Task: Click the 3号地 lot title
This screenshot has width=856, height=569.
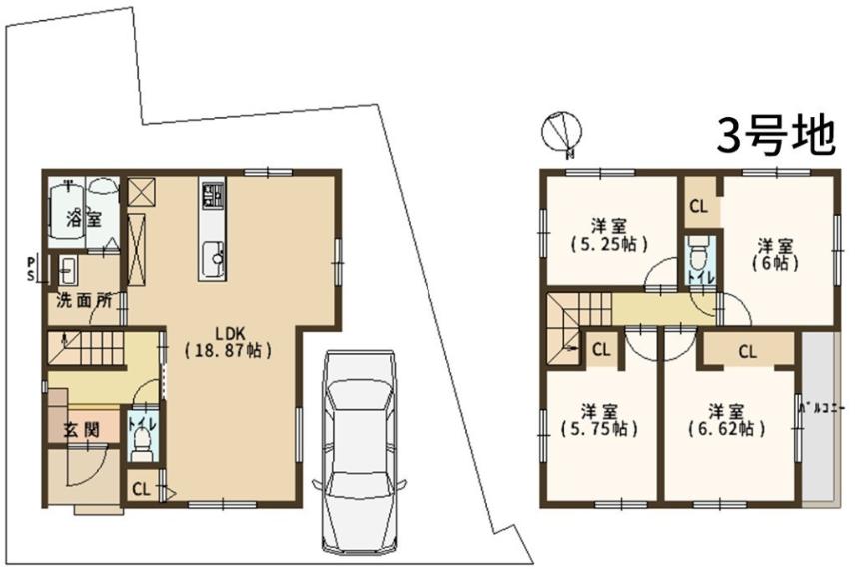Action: tap(776, 136)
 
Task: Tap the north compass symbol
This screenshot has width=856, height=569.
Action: tap(561, 133)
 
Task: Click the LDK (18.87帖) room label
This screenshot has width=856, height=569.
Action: tap(228, 342)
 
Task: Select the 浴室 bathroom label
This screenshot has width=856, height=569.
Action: tap(84, 219)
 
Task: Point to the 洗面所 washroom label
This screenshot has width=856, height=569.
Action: tap(84, 300)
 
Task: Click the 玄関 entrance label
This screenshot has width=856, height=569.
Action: tap(83, 430)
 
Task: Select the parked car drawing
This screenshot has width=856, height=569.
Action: tap(360, 452)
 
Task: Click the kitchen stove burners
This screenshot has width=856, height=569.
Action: tap(213, 196)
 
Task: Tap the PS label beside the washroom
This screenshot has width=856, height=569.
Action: tap(31, 269)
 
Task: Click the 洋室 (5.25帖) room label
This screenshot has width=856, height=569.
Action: tap(608, 235)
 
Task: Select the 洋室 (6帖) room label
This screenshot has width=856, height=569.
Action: tap(775, 255)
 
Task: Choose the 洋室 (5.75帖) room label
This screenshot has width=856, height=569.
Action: tap(599, 420)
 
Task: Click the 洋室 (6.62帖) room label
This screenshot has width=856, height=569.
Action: tap(726, 420)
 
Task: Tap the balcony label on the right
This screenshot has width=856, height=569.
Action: tap(822, 408)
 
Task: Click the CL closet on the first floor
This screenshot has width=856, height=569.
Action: tap(141, 489)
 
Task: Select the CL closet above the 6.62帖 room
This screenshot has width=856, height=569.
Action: tap(747, 351)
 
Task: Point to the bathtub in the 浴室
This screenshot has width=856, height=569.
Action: tap(66, 216)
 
